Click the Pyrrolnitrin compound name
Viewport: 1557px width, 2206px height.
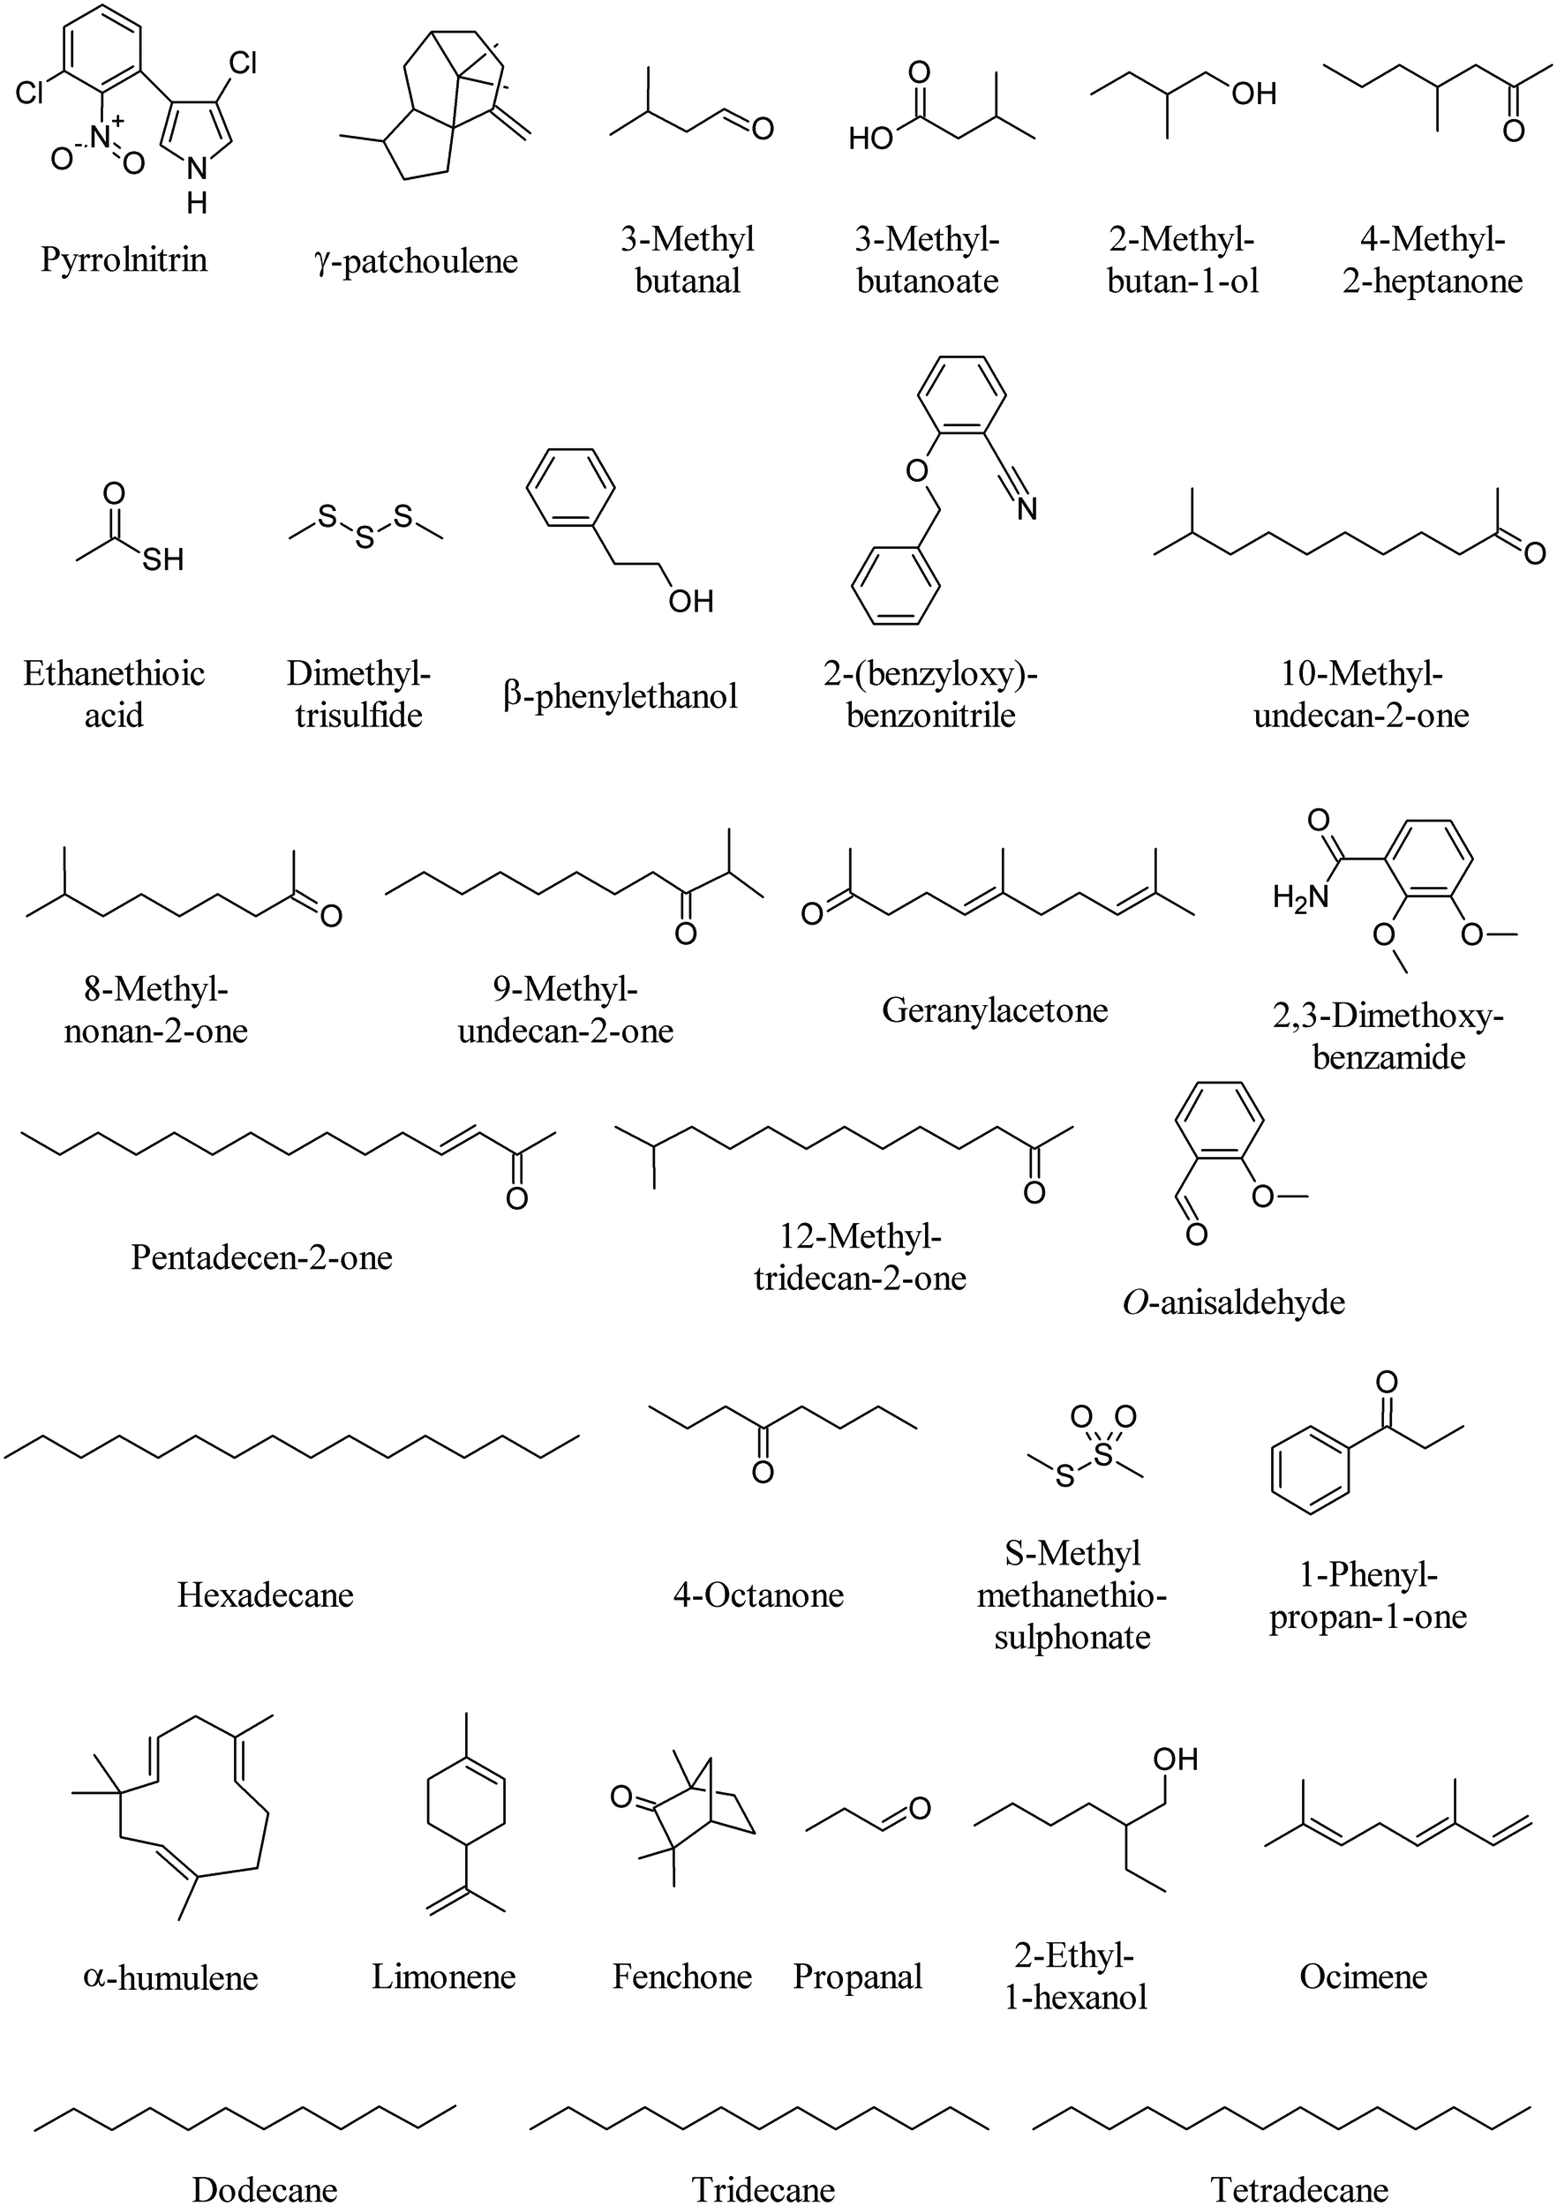tap(124, 259)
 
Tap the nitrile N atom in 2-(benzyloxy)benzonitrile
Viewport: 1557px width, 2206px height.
tap(1027, 508)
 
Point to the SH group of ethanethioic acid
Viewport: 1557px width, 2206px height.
tap(162, 559)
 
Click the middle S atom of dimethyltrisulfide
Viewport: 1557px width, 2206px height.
tap(365, 539)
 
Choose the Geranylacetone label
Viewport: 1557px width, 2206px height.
tap(995, 1009)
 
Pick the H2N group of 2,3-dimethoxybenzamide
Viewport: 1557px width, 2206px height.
tap(1299, 897)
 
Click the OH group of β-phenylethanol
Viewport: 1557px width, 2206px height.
tap(691, 602)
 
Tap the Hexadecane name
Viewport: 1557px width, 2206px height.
tap(266, 1594)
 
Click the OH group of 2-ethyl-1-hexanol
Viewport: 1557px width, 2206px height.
tap(1176, 1760)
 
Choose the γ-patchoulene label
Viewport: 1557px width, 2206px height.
tap(415, 260)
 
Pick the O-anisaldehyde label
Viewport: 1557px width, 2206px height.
tap(1233, 1302)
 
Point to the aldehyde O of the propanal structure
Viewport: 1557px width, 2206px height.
tap(920, 1809)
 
